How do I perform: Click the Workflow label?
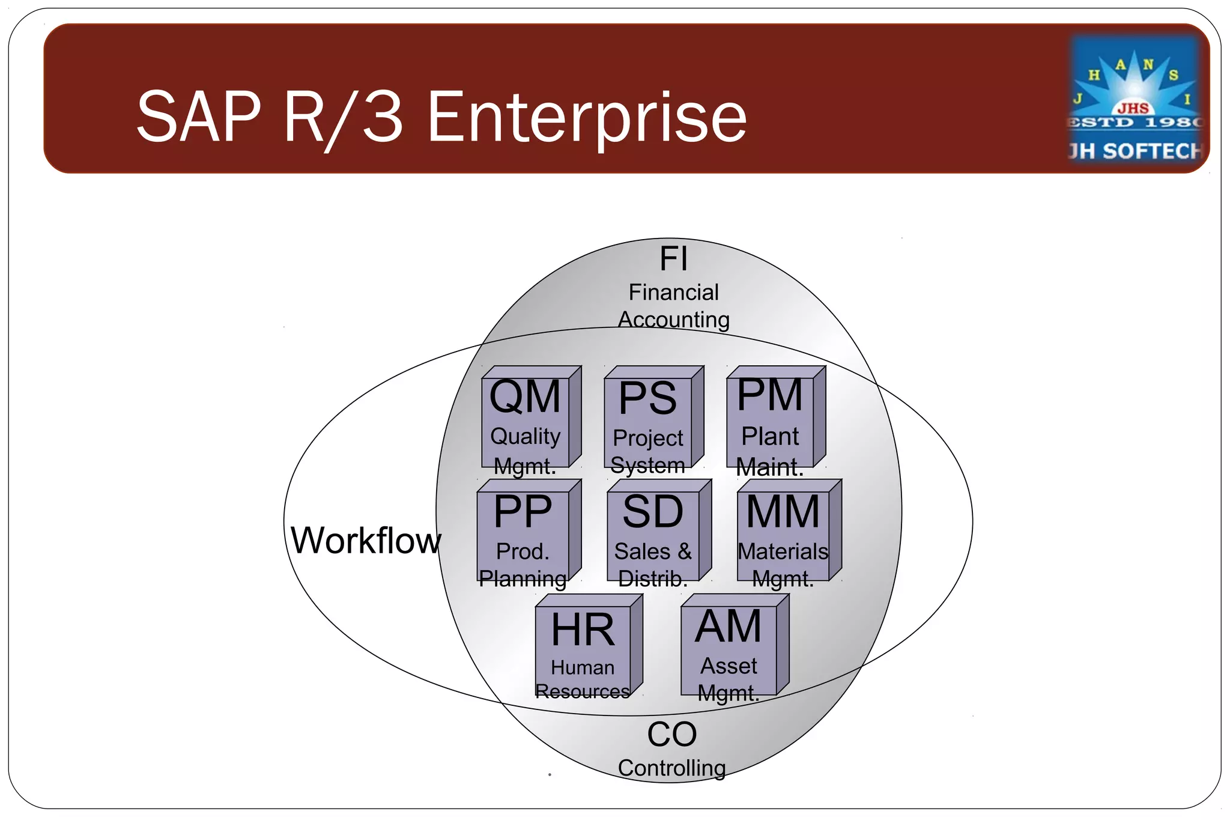[365, 540]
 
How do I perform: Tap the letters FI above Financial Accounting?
[673, 259]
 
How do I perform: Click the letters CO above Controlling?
[671, 734]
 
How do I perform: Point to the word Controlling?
[671, 768]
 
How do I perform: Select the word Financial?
[673, 293]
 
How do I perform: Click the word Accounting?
[673, 320]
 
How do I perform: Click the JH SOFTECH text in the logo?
[1135, 151]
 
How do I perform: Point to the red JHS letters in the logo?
[1133, 108]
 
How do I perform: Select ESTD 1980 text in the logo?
[1135, 123]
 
